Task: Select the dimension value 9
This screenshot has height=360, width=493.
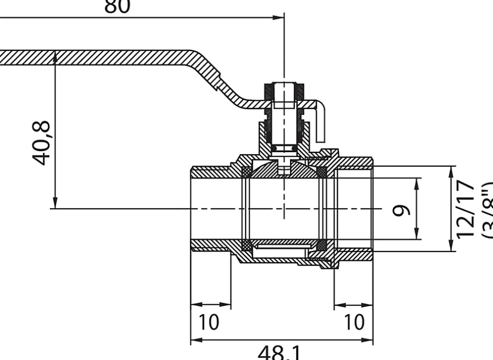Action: pos(402,209)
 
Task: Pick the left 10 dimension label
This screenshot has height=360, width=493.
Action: pos(209,322)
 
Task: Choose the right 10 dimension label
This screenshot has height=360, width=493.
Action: pos(354,322)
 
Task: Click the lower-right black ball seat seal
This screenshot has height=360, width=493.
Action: pos(322,245)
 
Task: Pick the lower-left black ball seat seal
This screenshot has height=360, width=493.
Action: pos(245,245)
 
